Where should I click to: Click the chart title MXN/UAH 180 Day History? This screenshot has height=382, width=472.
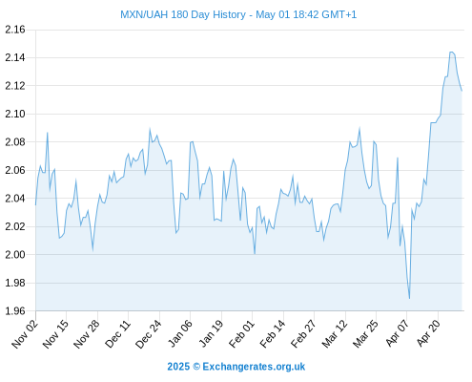[183, 14]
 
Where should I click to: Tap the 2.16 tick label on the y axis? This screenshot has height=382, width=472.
[15, 30]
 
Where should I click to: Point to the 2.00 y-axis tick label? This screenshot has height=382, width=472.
[15, 254]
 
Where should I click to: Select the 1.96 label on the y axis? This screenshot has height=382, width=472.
[15, 310]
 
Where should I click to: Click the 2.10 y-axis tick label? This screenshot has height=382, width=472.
[15, 114]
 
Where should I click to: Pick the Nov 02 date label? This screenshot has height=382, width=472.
[25, 334]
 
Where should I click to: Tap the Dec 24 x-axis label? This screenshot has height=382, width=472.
[149, 334]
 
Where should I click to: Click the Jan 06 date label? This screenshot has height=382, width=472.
[180, 334]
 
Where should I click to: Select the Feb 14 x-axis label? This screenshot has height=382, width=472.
[273, 334]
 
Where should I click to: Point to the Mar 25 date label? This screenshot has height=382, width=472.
[365, 334]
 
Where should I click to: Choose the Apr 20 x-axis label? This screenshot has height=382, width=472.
[428, 333]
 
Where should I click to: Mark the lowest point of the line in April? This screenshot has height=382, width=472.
[409, 299]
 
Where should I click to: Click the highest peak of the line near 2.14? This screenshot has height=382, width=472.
[451, 52]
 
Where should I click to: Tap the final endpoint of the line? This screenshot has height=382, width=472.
[462, 91]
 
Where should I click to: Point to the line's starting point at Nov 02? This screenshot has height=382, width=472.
[35, 205]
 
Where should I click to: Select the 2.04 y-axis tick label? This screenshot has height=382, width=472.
[15, 199]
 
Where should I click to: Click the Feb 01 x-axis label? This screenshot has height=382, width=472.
[242, 334]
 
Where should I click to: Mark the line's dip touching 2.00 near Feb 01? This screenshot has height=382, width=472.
[255, 254]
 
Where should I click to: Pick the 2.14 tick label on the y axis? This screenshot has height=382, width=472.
[15, 57]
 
